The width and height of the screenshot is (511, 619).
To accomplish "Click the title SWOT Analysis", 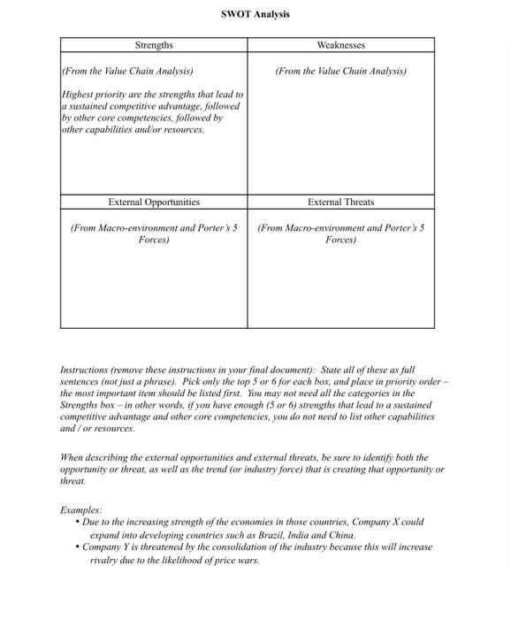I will (x=255, y=14).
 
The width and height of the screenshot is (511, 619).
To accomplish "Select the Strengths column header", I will (x=154, y=45).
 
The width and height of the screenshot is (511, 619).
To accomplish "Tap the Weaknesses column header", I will (x=340, y=45).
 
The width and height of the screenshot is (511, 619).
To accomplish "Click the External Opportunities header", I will (x=154, y=203).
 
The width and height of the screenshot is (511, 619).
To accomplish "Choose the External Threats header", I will (x=340, y=203).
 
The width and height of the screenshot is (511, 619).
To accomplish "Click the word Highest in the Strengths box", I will (x=78, y=94).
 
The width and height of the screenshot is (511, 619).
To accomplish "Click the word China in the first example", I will (x=341, y=535).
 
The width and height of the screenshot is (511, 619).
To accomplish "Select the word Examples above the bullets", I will (x=80, y=510).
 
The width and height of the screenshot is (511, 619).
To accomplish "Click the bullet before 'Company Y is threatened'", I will (x=78, y=547).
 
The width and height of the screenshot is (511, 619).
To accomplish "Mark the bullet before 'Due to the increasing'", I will (x=78, y=523).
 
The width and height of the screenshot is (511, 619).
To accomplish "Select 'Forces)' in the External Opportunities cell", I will (x=154, y=240).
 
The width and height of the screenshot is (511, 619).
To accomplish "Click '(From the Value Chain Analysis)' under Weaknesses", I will (x=340, y=71).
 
